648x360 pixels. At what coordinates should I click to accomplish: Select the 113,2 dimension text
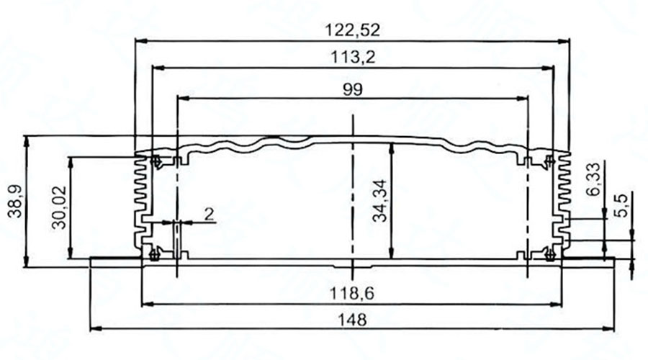(x=353, y=57)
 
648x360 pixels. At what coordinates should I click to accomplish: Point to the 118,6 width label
(x=353, y=293)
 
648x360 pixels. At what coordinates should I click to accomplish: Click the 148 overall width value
(x=353, y=320)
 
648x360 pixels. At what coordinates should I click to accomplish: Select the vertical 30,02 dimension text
(x=60, y=210)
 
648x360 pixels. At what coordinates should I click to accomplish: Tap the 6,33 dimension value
(x=593, y=180)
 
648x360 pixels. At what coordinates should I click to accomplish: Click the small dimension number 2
(x=210, y=213)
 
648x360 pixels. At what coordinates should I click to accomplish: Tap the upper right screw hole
(x=550, y=160)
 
